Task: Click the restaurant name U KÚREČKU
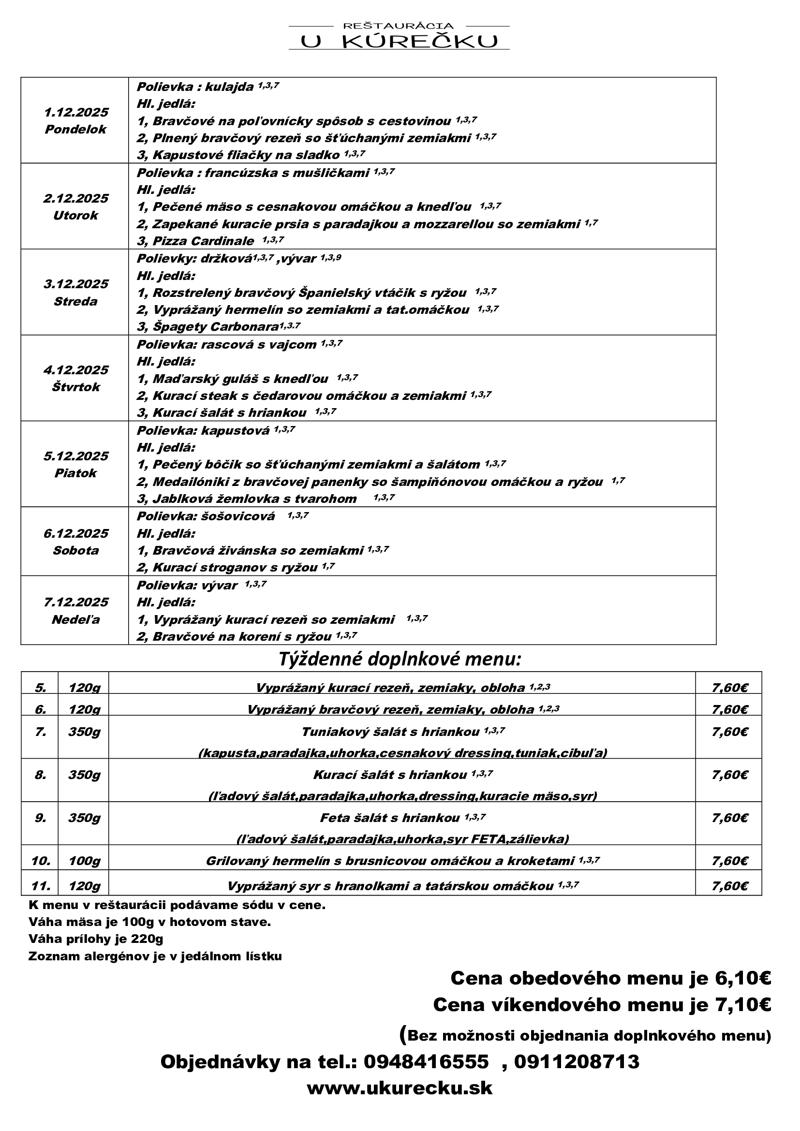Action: tap(399, 42)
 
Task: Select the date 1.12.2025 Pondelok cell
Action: tap(75, 121)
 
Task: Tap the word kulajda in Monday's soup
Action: tap(229, 87)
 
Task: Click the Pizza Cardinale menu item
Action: tap(203, 241)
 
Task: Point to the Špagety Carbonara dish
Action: tap(208, 326)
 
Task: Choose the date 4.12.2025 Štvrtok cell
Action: tap(75, 378)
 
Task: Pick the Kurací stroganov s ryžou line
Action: tap(227, 568)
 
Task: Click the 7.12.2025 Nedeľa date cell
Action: tap(75, 610)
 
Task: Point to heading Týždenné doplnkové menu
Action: tap(400, 659)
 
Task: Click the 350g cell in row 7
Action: tap(84, 732)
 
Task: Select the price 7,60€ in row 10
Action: tap(729, 861)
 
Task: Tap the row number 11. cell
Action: tap(41, 886)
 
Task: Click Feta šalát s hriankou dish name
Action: tap(390, 818)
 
